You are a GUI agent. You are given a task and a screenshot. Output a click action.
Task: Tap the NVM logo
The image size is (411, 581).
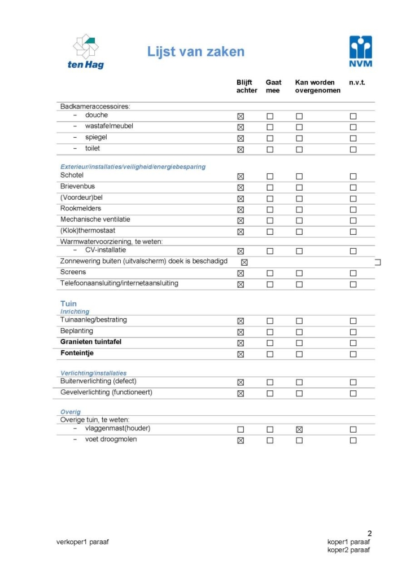pyautogui.click(x=361, y=51)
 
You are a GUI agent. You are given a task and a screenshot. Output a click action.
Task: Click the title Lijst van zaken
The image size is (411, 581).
pyautogui.click(x=196, y=52)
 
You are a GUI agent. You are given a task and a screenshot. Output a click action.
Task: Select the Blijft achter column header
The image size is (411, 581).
pyautogui.click(x=247, y=86)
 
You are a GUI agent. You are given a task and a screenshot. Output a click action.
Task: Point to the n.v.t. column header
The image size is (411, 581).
pyautogui.click(x=357, y=82)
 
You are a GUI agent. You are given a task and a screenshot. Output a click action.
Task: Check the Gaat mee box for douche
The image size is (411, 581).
pyautogui.click(x=270, y=116)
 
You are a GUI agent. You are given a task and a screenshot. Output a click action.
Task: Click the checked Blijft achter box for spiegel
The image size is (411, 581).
pyautogui.click(x=241, y=138)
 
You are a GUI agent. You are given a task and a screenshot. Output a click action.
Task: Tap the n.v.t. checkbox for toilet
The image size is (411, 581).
pyautogui.click(x=353, y=149)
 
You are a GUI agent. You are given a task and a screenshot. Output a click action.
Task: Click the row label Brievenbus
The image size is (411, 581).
pyautogui.click(x=77, y=186)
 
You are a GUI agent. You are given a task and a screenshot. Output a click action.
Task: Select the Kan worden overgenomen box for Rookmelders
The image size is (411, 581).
pyautogui.click(x=299, y=209)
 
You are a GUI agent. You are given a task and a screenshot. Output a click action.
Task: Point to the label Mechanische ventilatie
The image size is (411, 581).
pyautogui.click(x=95, y=219)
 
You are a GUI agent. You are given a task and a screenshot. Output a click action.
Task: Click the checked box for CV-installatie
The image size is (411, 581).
pyautogui.click(x=241, y=251)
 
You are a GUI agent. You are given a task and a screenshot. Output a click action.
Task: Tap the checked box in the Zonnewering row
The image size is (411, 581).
pyautogui.click(x=244, y=262)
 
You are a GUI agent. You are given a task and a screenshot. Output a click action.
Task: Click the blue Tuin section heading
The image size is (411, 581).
pyautogui.click(x=68, y=303)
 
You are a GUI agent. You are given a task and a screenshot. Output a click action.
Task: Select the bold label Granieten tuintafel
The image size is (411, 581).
pyautogui.click(x=91, y=342)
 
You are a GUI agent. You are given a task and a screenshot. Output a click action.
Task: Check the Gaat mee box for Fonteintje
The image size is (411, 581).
pyautogui.click(x=270, y=354)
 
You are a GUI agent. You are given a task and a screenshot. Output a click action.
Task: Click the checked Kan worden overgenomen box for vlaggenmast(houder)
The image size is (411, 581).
pyautogui.click(x=299, y=429)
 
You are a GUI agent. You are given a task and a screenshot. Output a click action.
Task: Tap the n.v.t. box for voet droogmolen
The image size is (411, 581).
pyautogui.click(x=353, y=441)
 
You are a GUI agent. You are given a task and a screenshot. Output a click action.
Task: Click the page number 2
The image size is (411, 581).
pyautogui.click(x=370, y=533)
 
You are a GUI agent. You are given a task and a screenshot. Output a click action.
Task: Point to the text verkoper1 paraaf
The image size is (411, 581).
pyautogui.click(x=82, y=542)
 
